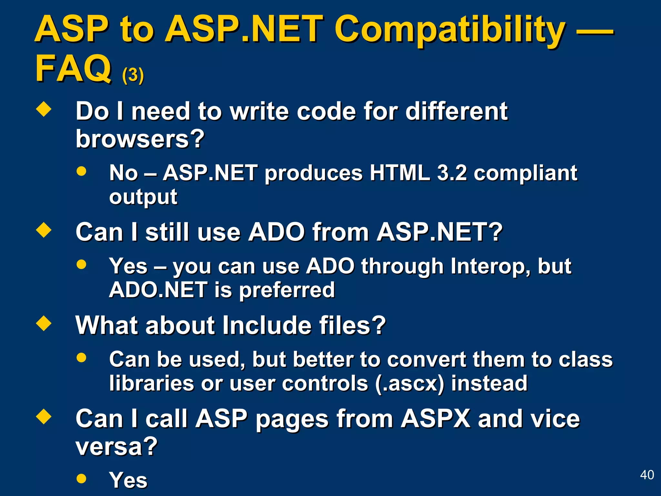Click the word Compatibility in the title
pos(450,30)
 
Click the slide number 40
pos(647,475)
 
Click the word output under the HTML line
pos(143,197)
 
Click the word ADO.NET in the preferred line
pos(158,290)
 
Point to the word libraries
pos(151,383)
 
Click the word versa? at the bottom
pos(117,446)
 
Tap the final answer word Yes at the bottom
pos(128,480)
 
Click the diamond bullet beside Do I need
pos(44,109)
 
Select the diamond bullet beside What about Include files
pos(44,323)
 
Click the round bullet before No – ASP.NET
pos(81,171)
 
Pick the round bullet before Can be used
pos(81,357)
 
